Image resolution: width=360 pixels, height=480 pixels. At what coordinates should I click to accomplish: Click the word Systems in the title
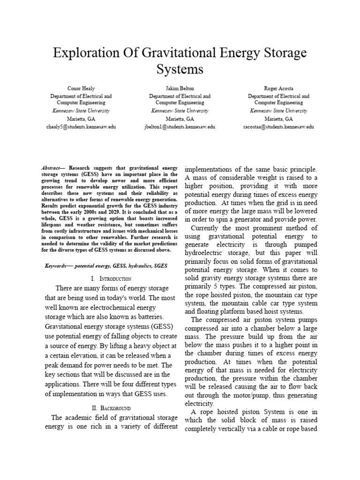[180, 69]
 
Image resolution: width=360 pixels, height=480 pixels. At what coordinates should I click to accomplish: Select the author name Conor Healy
[81, 88]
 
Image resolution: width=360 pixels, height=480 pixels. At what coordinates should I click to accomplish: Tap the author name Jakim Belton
[180, 88]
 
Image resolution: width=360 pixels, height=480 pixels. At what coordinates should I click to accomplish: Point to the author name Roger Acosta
[278, 88]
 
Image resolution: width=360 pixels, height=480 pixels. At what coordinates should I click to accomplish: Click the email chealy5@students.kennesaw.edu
[81, 127]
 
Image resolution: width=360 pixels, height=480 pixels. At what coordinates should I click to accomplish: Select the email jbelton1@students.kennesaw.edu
[180, 127]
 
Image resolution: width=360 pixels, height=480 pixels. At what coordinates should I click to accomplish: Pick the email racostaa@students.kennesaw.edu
[278, 127]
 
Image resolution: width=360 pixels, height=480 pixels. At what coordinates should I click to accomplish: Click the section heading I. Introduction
[111, 278]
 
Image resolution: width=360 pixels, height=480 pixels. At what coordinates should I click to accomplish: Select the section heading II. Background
[111, 407]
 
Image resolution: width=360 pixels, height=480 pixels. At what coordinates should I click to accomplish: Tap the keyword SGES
[160, 265]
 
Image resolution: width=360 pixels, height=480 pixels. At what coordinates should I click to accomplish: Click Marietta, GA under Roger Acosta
[278, 119]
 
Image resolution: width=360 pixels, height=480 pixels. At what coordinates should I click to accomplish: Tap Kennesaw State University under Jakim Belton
[180, 111]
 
